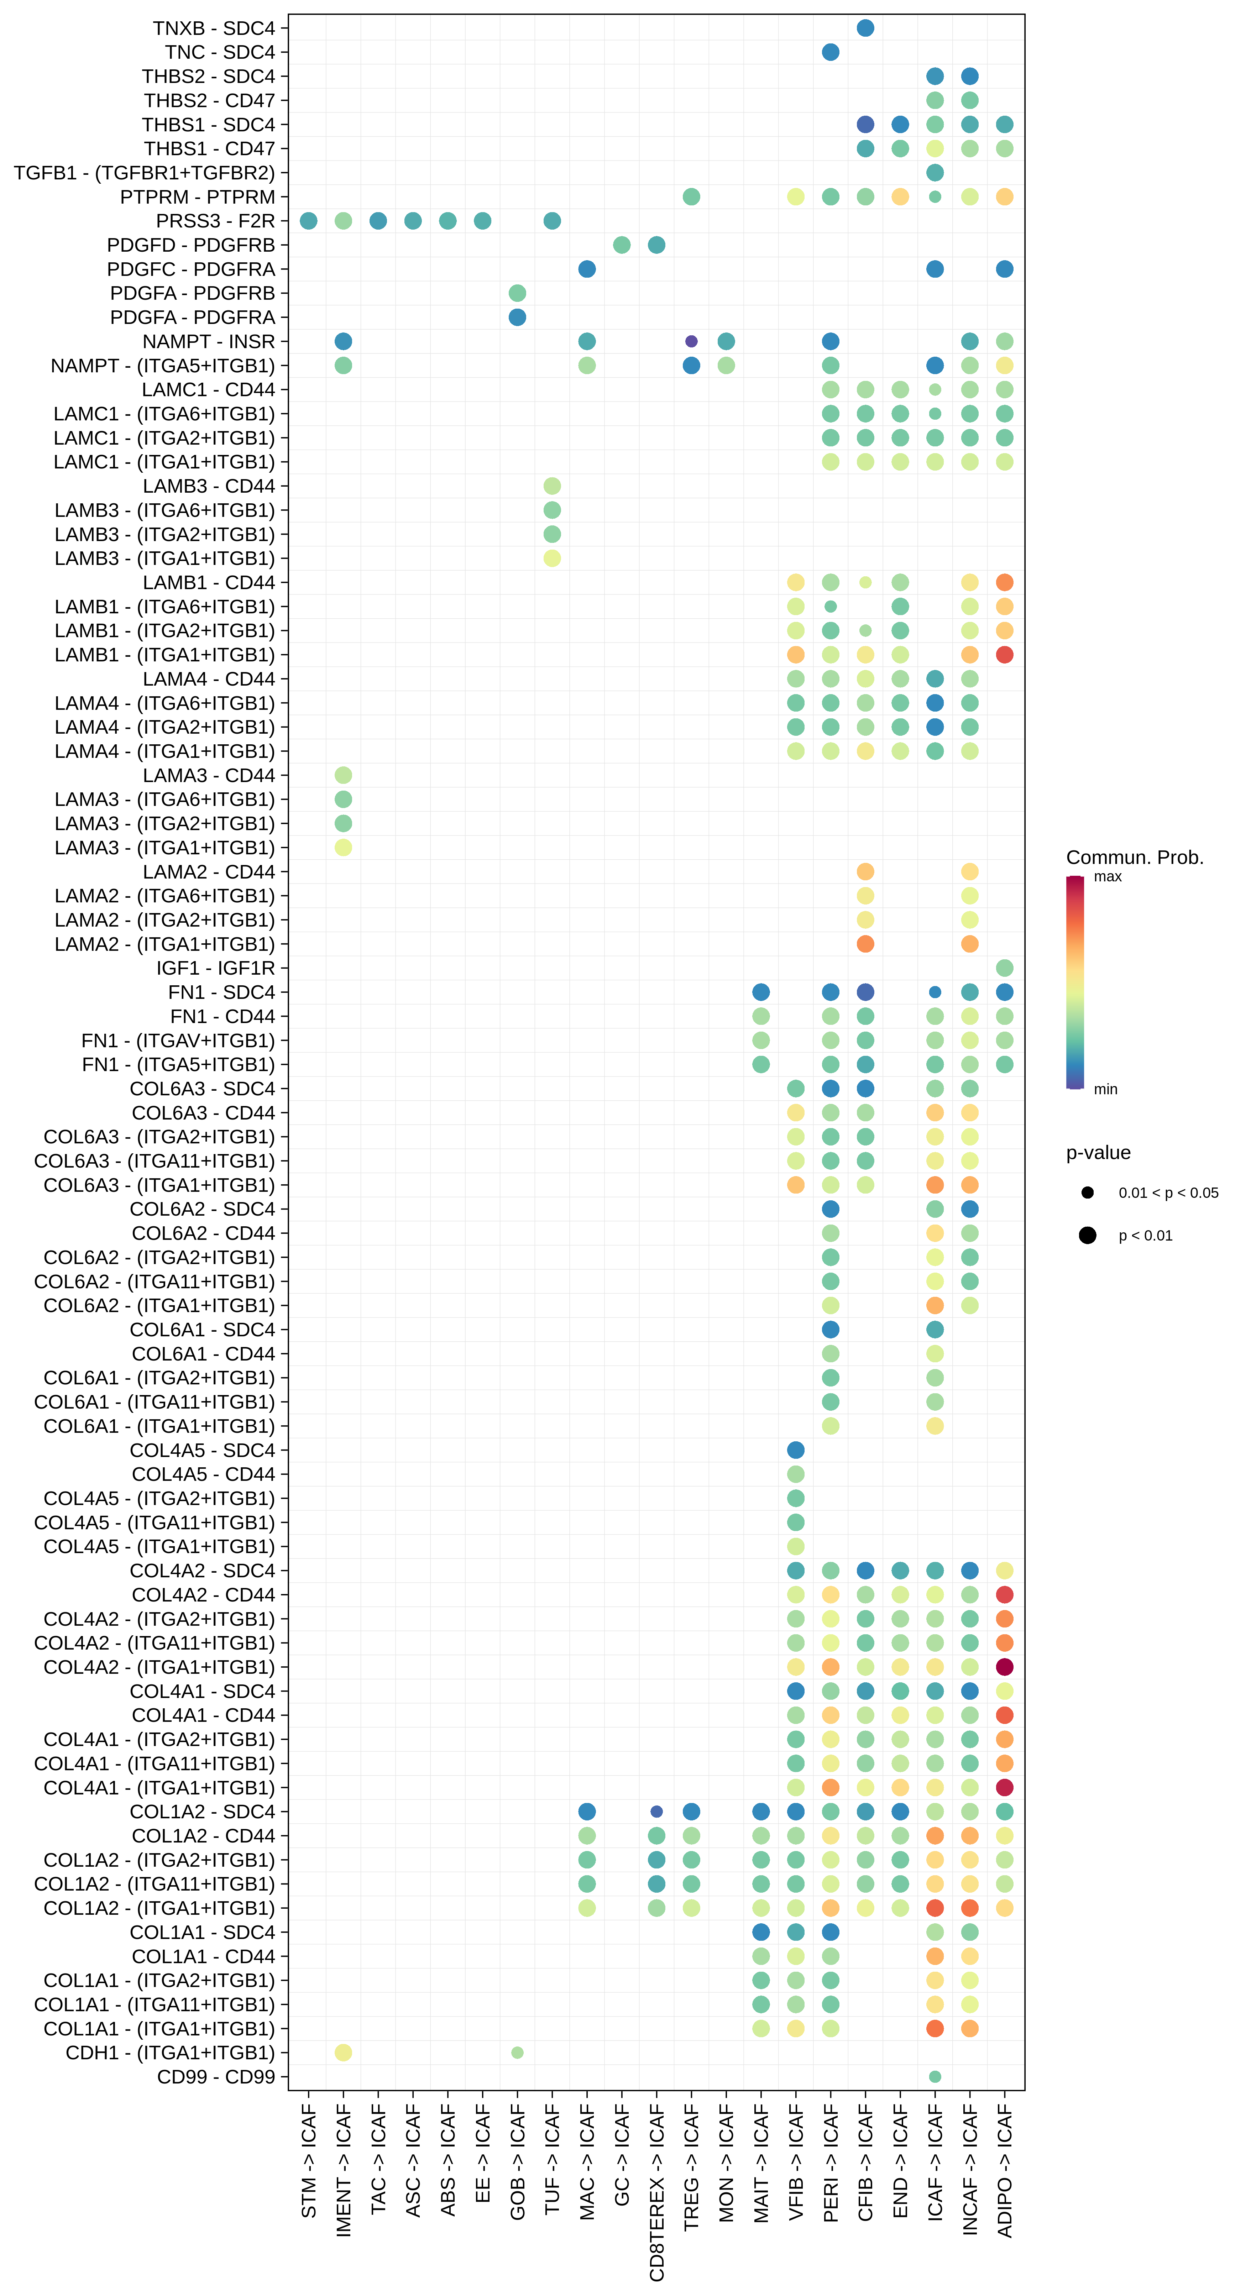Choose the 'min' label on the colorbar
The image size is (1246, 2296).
[1105, 1089]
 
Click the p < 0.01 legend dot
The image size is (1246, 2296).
[1087, 1235]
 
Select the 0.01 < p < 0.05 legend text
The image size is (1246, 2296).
[1168, 1192]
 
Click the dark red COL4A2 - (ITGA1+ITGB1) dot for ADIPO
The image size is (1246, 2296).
[1005, 1667]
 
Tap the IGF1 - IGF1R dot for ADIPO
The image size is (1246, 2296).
[1005, 968]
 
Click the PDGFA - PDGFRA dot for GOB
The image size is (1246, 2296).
[517, 317]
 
